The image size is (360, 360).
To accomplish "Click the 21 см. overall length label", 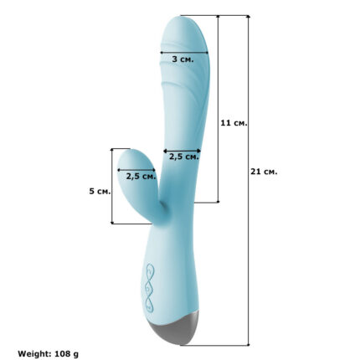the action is (264, 172).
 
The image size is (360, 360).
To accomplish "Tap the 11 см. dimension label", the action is (234, 123).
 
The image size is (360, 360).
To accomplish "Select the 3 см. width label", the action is (183, 59).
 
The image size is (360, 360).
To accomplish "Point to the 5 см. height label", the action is (100, 191).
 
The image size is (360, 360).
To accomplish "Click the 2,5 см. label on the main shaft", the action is (184, 157).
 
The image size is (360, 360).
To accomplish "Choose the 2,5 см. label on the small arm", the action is (141, 177).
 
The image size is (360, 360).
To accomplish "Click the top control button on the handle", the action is (150, 270).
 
